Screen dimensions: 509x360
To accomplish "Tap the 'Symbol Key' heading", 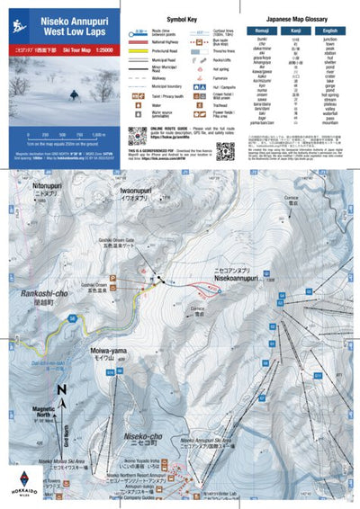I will click(x=182, y=18).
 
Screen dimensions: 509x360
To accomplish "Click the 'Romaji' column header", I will click(x=264, y=31).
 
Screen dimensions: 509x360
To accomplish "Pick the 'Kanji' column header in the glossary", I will click(x=294, y=31).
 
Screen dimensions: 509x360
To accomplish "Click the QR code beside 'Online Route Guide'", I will click(x=136, y=135).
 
